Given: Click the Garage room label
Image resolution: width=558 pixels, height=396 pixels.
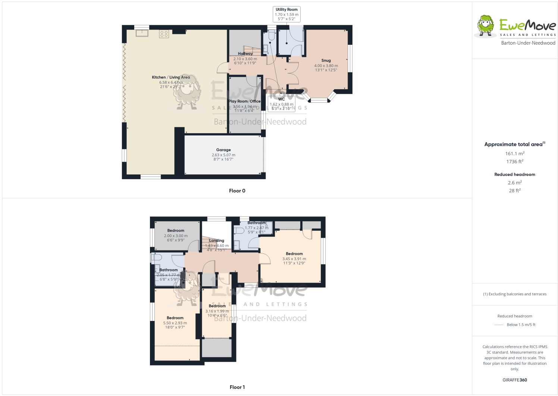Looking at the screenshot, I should tap(223, 150).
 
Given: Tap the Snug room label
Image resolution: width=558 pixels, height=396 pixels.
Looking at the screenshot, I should tap(326, 60).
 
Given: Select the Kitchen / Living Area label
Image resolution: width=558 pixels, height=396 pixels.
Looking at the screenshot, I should tap(171, 77).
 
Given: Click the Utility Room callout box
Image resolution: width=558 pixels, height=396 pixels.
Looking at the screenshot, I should tap(286, 14).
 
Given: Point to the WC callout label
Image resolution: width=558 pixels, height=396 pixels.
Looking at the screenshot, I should tap(282, 99).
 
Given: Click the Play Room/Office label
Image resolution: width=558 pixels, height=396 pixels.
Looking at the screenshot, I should tap(244, 101).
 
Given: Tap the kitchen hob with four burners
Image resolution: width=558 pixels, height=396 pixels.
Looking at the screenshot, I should tap(164, 34).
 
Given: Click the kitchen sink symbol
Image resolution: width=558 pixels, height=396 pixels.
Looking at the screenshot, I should tap(142, 33).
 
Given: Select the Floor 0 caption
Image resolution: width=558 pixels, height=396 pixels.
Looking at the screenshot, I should tap(237, 191).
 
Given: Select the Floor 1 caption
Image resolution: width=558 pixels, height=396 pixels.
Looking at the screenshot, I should tap(237, 387).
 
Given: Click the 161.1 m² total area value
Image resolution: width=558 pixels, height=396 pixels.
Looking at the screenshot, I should tap(515, 153).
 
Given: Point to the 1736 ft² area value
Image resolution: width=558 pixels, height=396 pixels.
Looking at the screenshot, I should tap(515, 162).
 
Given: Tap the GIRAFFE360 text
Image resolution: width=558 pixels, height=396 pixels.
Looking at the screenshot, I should tap(515, 380).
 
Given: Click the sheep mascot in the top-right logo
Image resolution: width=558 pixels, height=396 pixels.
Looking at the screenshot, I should tap(485, 26).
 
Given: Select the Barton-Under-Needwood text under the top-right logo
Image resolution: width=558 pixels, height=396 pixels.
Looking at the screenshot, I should tap(528, 43).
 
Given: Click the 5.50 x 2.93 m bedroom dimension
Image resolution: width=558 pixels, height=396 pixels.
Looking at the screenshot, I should tap(175, 323).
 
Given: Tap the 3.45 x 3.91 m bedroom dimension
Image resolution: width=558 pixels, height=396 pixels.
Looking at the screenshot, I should tap(294, 259).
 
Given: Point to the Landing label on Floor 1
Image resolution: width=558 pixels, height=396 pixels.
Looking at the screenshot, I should tap(217, 241).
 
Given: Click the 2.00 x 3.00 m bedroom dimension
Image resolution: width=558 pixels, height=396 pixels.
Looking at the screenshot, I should tap(176, 236).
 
